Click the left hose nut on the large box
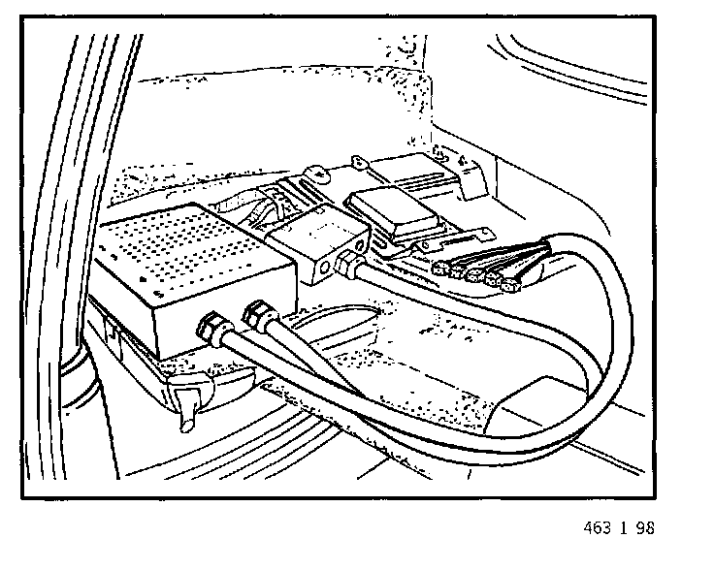tap(211, 326)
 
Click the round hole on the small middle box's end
tap(320, 262)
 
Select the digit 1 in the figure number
tap(629, 529)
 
